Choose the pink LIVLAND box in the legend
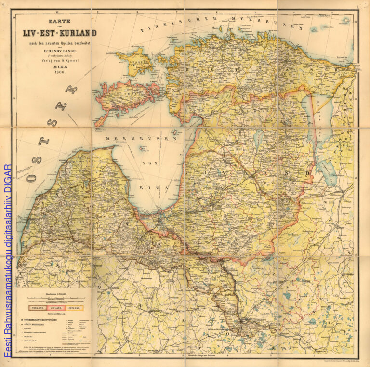(55, 307)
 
